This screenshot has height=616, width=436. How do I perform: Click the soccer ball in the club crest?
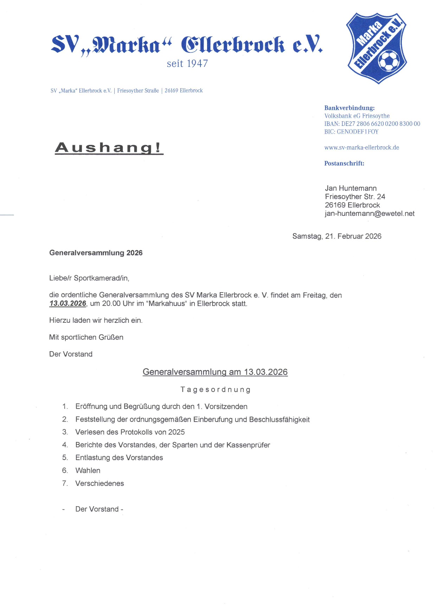tap(388, 60)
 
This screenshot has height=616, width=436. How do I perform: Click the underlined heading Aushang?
tap(109, 148)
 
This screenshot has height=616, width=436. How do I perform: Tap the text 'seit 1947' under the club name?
tap(187, 64)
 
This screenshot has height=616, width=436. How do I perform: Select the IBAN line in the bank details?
tap(372, 124)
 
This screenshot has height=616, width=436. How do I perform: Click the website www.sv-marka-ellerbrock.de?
tap(361, 148)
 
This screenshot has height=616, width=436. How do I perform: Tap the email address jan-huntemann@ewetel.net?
tap(370, 214)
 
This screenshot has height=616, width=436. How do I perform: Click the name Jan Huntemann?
tap(351, 188)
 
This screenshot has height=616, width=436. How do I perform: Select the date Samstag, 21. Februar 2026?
tap(336, 236)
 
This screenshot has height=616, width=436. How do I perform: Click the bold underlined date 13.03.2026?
tap(68, 304)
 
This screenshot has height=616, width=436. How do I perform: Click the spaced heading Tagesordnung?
tap(215, 390)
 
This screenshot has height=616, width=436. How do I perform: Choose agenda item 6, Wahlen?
tap(88, 470)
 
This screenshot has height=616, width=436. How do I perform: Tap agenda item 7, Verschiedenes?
tap(100, 483)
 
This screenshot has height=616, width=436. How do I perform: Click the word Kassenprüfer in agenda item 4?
tap(248, 445)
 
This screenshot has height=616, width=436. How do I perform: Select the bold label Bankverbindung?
tap(349, 108)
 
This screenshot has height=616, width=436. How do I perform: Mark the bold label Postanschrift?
tap(344, 163)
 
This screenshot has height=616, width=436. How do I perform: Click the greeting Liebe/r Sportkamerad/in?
tap(89, 278)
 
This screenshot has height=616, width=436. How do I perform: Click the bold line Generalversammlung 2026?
tap(96, 253)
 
